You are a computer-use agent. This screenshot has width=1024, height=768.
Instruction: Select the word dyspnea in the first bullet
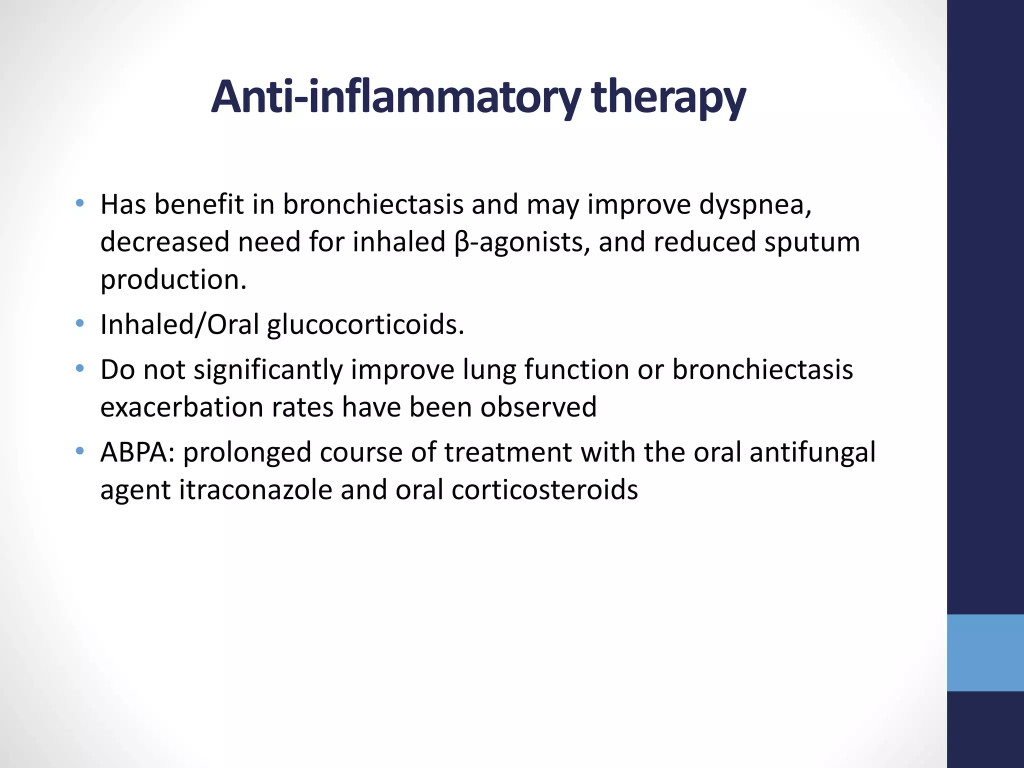point(755,205)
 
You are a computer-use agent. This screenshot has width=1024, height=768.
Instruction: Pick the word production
point(173,280)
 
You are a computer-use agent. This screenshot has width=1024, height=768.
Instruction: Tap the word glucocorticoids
point(365,325)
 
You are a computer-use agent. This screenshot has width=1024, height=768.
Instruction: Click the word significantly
point(268,370)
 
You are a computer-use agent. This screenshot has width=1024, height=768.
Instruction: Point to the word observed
point(538,407)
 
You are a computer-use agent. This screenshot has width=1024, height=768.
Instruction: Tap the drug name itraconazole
point(255,490)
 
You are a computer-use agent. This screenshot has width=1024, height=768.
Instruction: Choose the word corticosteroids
point(544,490)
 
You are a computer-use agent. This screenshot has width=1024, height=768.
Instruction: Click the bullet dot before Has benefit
point(79,203)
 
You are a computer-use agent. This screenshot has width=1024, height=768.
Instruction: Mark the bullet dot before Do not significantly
point(79,369)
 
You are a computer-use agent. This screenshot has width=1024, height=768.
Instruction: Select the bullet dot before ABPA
point(79,451)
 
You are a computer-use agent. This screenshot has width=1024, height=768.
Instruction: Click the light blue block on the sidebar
point(985,652)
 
